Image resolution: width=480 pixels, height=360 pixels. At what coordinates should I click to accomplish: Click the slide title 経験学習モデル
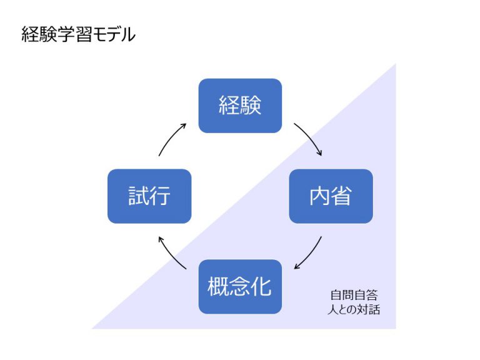coord(78,35)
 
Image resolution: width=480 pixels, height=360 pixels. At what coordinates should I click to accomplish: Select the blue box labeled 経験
coord(240,106)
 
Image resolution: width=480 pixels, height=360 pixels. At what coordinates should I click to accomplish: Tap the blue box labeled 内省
coord(331,196)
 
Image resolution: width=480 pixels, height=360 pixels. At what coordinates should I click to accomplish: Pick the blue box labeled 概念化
coord(240,287)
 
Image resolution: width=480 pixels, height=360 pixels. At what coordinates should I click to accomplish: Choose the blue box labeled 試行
coord(149,196)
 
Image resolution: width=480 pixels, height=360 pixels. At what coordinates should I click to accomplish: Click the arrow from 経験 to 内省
coord(309,138)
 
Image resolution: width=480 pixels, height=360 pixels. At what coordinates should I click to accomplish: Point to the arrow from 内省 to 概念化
coord(309,254)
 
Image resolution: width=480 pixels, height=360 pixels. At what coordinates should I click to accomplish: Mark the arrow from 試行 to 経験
coord(172,138)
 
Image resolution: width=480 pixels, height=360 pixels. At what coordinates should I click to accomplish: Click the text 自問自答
coord(354,295)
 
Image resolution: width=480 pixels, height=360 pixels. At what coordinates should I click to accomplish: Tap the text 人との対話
coord(354,309)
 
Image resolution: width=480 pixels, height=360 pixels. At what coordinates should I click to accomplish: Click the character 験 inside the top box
coord(251,106)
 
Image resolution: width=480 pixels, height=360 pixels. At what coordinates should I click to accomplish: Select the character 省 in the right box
coord(342,196)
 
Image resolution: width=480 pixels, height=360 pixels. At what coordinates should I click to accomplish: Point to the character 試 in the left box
coord(138,196)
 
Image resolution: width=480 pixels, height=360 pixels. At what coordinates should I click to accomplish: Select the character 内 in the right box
coord(319,196)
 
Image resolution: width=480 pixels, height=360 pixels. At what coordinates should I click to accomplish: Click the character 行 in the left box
coord(161,196)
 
